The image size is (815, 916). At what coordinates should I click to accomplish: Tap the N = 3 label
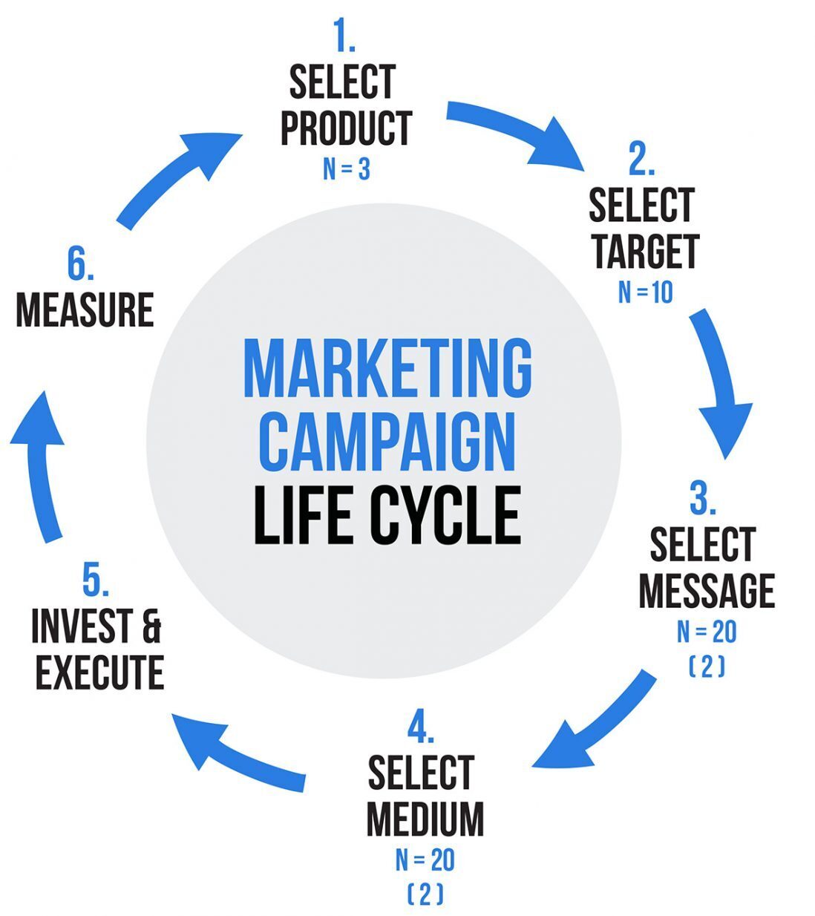347,169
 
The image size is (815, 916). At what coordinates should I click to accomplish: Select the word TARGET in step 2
647,251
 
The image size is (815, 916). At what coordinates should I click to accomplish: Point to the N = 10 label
646,292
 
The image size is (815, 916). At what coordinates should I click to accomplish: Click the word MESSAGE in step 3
707,591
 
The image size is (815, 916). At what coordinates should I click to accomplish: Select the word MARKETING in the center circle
388,368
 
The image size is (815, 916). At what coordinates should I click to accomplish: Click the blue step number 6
81,264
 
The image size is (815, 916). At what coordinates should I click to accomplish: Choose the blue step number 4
421,728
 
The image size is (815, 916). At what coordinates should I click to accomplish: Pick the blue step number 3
703,498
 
